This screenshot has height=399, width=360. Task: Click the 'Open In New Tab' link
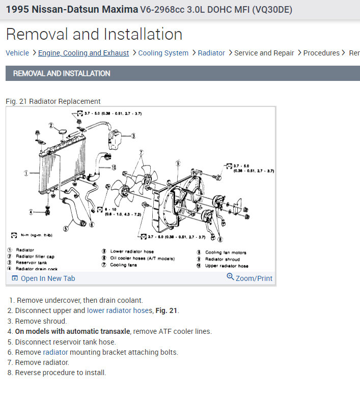[47, 278]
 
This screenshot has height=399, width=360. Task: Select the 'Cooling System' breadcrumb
[163, 53]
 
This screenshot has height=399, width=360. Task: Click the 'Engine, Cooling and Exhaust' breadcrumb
[84, 53]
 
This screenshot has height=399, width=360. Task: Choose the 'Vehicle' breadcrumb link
[17, 53]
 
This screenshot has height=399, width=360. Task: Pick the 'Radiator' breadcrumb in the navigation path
[211, 53]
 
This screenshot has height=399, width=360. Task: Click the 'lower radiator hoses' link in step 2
[120, 310]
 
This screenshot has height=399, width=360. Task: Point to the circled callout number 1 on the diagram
[25, 174]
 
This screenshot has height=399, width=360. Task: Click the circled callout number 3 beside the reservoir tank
[133, 136]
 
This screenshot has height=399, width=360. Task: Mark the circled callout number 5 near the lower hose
[66, 228]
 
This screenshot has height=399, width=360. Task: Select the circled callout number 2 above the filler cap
[51, 125]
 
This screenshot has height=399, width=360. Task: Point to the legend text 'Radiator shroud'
[222, 259]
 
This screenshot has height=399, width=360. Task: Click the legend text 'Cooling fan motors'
[226, 252]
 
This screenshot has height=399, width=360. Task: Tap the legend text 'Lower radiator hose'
[131, 251]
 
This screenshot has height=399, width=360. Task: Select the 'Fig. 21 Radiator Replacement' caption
[53, 101]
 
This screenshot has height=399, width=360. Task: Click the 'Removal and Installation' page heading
[94, 34]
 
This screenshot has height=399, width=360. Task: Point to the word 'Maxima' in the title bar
[119, 10]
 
